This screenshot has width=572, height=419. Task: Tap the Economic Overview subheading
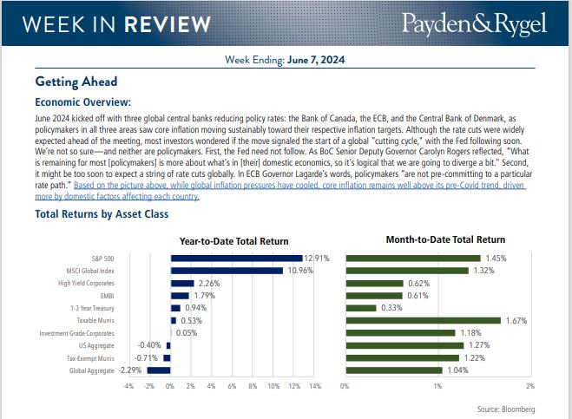pyautogui.click(x=83, y=101)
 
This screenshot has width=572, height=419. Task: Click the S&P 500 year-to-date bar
pyautogui.click(x=236, y=258)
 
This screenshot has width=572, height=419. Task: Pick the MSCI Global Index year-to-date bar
pyautogui.click(x=227, y=271)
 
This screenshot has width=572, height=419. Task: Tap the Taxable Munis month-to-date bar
pyautogui.click(x=423, y=320)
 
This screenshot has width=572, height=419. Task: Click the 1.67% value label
pyautogui.click(x=515, y=320)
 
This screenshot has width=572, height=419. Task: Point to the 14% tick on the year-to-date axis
pyautogui.click(x=314, y=386)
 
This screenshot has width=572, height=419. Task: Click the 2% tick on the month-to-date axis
pyautogui.click(x=530, y=386)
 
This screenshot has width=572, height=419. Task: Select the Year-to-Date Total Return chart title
pyautogui.click(x=233, y=240)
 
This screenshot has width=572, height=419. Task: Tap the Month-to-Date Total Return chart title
pyautogui.click(x=445, y=239)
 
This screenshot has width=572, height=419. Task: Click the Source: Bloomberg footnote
pyautogui.click(x=506, y=408)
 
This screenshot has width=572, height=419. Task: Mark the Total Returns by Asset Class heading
pyautogui.click(x=102, y=213)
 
